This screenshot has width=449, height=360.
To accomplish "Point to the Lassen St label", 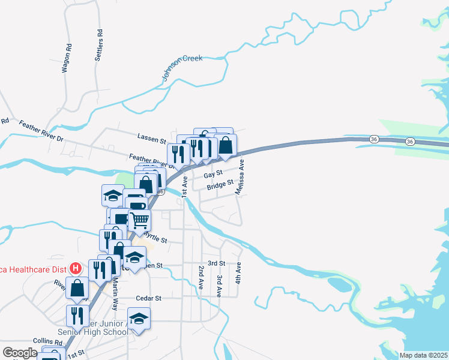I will point(151,140).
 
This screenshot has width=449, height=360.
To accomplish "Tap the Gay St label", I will point(209,175).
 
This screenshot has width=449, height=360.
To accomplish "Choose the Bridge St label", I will point(220,186).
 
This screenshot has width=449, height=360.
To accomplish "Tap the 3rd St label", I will point(216,263).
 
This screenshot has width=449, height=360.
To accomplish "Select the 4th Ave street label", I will point(238,273).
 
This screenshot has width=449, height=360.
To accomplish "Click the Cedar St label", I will point(149,298).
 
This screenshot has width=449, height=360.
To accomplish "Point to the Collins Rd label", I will point(47,341).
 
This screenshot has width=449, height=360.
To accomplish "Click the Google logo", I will point(20,353).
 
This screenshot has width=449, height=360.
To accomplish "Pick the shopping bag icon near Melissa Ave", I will point(226,146).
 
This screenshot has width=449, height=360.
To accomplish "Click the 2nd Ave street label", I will point(200,277).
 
